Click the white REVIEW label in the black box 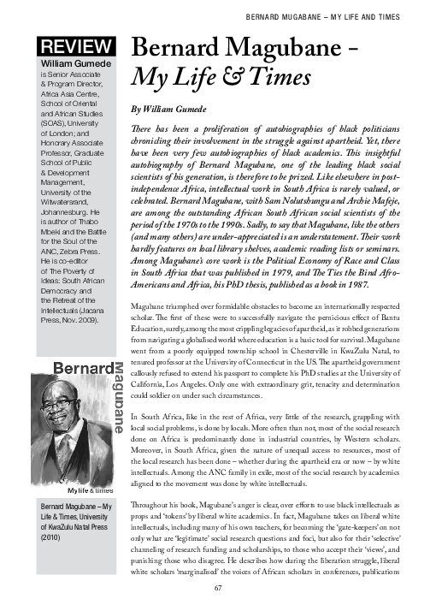click(x=73, y=48)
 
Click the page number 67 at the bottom click(x=218, y=588)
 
